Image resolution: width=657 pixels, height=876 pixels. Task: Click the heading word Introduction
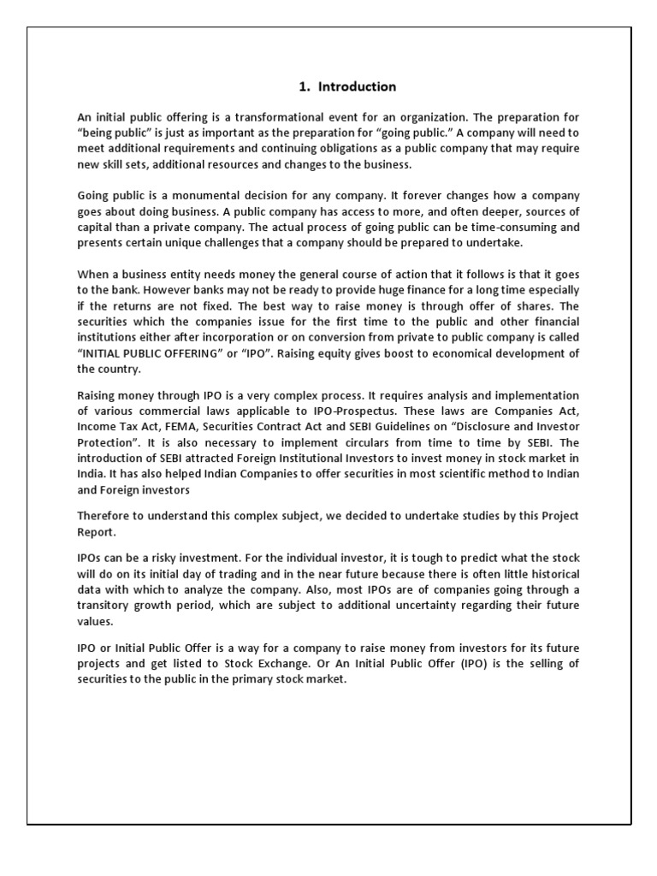coord(357,86)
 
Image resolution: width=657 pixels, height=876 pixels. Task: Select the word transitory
coord(105,606)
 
